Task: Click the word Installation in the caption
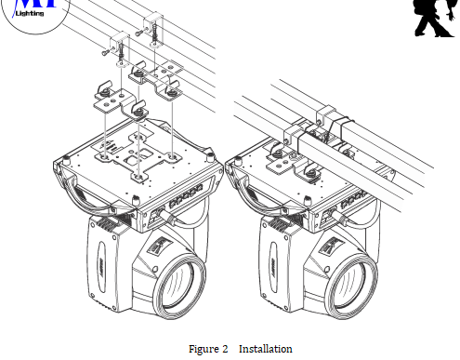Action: coord(266,349)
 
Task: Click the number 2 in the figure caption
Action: coord(225,349)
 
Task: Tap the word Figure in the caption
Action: coord(203,349)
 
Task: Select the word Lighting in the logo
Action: coord(30,13)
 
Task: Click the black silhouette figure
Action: coord(435,18)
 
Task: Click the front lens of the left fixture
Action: coord(178,287)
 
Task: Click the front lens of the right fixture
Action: coord(350,287)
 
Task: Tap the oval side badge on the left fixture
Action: coord(101,267)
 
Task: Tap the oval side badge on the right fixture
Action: coord(273,267)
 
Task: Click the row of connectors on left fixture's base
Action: coord(186,197)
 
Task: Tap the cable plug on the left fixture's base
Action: coord(166,217)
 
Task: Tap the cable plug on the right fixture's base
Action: coord(339,217)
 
